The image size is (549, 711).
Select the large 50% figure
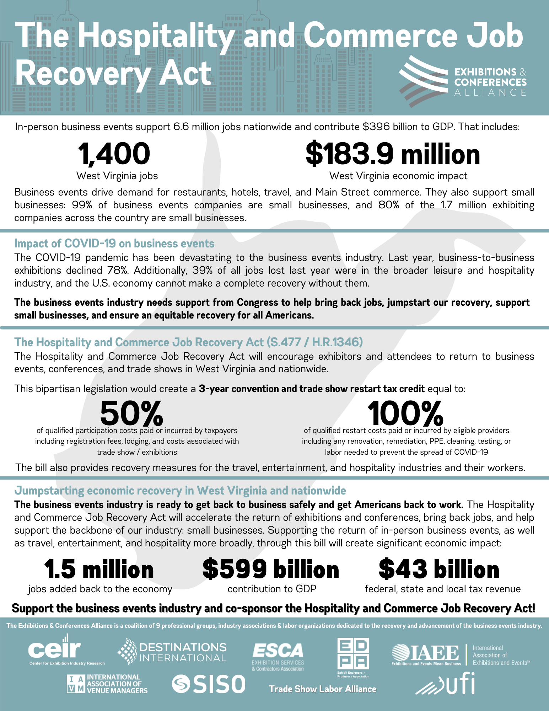click(x=131, y=413)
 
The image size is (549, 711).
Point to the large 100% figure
click(x=405, y=413)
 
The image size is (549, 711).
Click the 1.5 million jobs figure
click(x=99, y=569)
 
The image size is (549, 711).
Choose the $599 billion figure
click(x=271, y=569)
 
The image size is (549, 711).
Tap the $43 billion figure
click(x=439, y=569)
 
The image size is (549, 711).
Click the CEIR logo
click(x=55, y=649)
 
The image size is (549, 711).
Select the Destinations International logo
click(x=172, y=652)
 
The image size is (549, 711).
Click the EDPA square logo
click(x=353, y=654)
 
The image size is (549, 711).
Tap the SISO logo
click(x=209, y=684)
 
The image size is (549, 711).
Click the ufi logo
click(x=446, y=685)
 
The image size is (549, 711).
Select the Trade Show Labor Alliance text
click(x=323, y=689)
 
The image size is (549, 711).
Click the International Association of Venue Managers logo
click(x=107, y=684)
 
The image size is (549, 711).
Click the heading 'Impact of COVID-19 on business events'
click(x=114, y=244)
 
